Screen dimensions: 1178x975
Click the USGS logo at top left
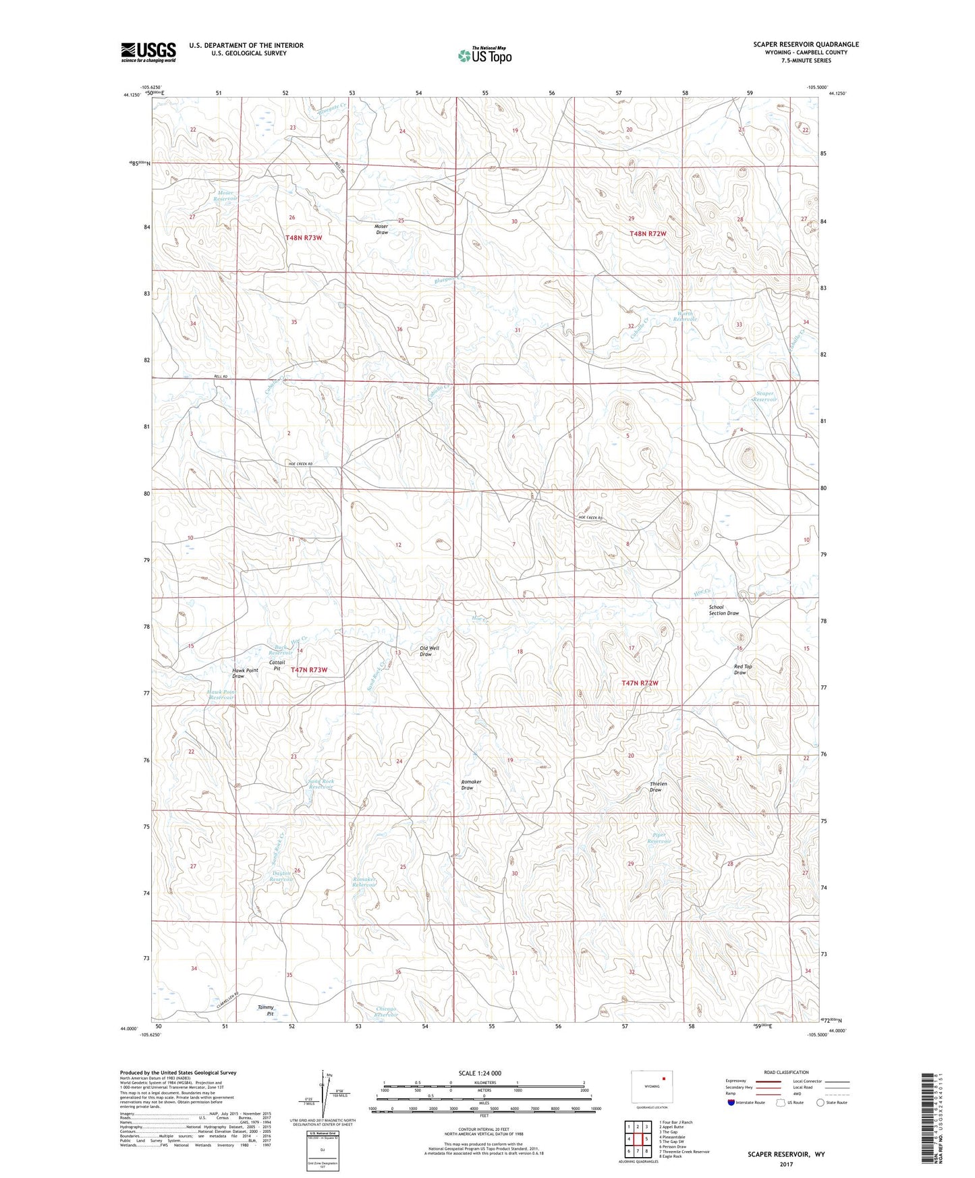click(148, 52)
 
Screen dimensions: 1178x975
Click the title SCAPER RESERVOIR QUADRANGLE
click(806, 45)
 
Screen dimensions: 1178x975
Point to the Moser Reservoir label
click(225, 196)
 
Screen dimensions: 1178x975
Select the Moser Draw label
click(381, 229)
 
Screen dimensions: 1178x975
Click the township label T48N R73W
click(304, 238)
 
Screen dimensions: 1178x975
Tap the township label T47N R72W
click(639, 683)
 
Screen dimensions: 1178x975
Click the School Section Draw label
click(723, 610)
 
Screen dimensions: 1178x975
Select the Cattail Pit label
click(277, 665)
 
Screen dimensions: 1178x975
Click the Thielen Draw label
click(659, 787)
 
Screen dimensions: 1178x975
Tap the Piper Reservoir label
click(658, 838)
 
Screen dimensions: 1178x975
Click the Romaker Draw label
click(471, 785)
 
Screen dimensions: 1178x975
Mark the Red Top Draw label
click(742, 669)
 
